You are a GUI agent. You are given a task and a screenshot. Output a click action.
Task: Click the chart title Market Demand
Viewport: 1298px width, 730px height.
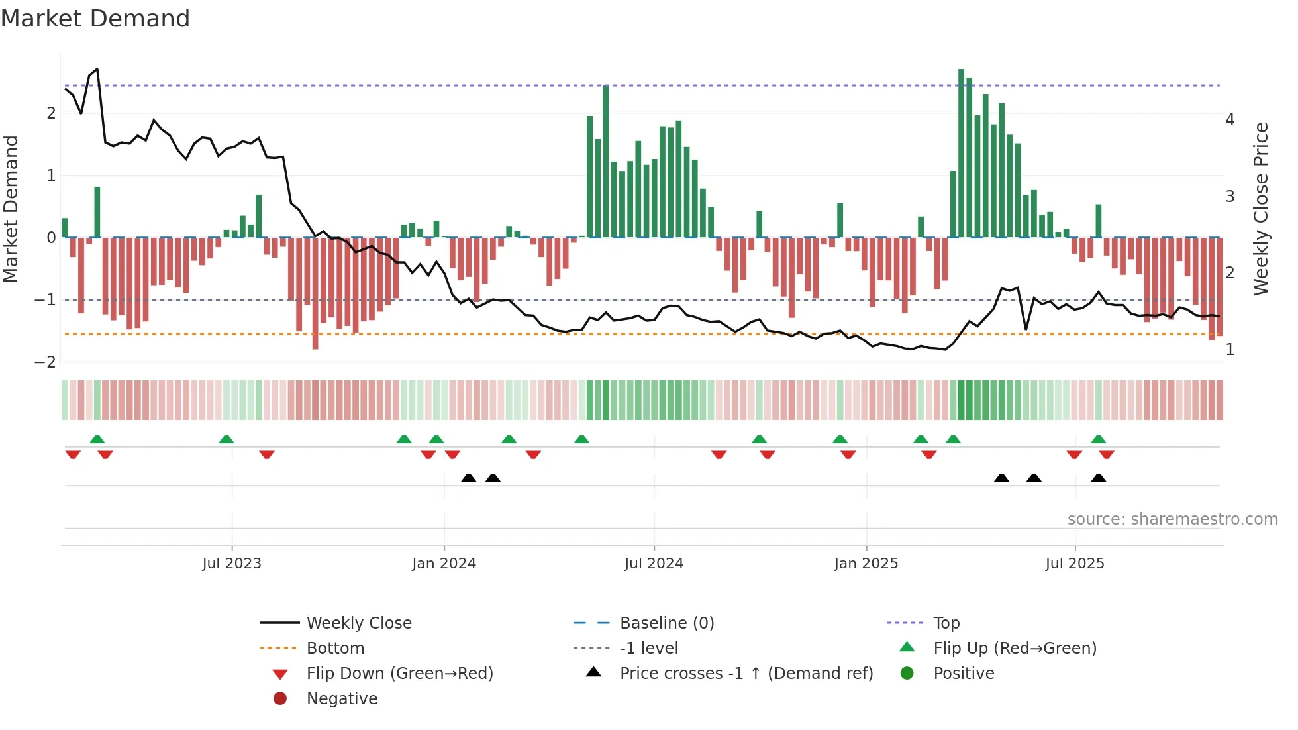(x=95, y=18)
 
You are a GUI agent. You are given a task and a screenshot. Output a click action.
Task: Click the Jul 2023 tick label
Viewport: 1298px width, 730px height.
(x=232, y=564)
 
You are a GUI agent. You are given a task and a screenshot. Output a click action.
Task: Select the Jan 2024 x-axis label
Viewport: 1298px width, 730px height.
(x=444, y=564)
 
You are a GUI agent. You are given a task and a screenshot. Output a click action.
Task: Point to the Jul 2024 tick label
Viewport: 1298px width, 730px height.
(x=654, y=564)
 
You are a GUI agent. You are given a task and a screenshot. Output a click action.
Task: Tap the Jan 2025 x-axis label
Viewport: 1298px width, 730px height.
(x=866, y=564)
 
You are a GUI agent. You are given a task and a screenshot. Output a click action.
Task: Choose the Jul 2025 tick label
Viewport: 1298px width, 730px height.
(x=1075, y=564)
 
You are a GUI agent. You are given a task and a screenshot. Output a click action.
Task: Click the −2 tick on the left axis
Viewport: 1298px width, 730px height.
(x=46, y=362)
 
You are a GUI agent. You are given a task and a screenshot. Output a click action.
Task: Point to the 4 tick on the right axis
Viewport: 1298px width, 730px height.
(x=1230, y=120)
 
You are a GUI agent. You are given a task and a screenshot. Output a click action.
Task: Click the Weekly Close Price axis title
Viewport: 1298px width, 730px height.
(x=1261, y=209)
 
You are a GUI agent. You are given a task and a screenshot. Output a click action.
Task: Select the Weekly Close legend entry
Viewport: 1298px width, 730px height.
(x=358, y=623)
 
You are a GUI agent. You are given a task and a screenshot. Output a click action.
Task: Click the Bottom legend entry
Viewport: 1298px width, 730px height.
(x=335, y=649)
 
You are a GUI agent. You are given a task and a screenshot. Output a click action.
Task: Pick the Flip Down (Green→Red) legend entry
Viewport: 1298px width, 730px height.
(x=399, y=674)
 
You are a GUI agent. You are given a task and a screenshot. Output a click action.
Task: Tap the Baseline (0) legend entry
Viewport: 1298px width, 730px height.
(x=666, y=623)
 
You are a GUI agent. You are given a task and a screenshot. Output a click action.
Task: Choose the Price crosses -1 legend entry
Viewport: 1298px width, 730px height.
(x=746, y=674)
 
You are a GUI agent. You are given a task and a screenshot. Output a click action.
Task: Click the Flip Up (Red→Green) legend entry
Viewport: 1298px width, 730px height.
(x=1015, y=649)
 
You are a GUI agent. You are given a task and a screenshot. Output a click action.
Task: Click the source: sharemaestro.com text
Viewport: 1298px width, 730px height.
(x=1172, y=519)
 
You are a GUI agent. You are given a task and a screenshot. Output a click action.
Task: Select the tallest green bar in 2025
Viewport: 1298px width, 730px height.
(x=961, y=152)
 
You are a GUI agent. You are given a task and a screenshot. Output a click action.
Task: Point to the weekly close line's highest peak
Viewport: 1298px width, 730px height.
(x=97, y=69)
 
